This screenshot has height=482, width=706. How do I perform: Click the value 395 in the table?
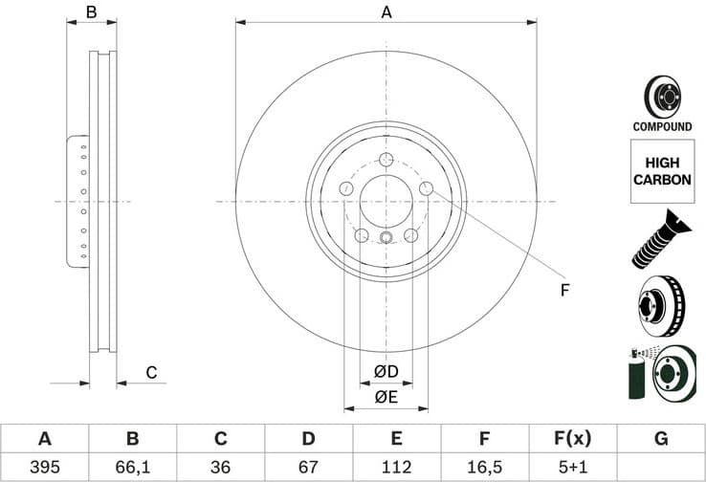(x=44, y=467)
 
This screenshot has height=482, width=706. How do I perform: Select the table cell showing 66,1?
(x=132, y=467)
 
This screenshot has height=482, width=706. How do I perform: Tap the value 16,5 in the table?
(x=484, y=467)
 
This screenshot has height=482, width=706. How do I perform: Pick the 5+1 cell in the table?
(x=572, y=467)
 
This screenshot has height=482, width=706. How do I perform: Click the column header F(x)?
(x=572, y=439)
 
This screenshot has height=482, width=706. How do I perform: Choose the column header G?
(x=660, y=439)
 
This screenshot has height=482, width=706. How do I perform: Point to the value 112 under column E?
(x=396, y=467)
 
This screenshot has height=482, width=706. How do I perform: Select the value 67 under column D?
(x=308, y=467)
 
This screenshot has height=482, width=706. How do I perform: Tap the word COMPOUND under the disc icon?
(x=662, y=126)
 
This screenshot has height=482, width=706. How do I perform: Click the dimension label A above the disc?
(x=386, y=12)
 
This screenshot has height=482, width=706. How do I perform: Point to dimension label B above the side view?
(x=92, y=12)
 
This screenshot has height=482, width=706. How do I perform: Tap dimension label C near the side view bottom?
(x=150, y=372)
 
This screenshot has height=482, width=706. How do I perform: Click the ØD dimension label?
(x=386, y=371)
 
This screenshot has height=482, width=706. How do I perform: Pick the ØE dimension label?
(x=386, y=396)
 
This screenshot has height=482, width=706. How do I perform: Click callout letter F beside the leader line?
(x=564, y=289)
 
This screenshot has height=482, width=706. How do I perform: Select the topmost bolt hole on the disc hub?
(x=386, y=161)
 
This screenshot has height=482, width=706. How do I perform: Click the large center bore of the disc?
(x=386, y=202)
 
